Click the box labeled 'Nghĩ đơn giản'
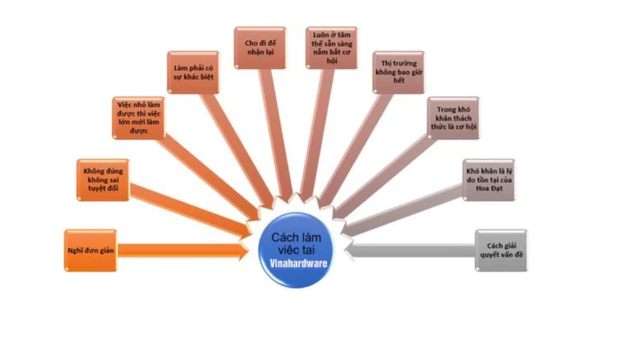click(89, 250)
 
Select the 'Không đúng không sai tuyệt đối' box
click(103, 180)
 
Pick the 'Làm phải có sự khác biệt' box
click(193, 72)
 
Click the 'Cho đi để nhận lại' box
click(260, 48)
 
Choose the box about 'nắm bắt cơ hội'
click(331, 48)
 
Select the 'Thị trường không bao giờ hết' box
click(398, 72)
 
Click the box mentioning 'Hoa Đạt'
click(488, 179)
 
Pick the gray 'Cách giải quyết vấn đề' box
click(501, 250)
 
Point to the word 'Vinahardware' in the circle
click(299, 262)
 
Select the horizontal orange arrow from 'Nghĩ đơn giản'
click(185, 250)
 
